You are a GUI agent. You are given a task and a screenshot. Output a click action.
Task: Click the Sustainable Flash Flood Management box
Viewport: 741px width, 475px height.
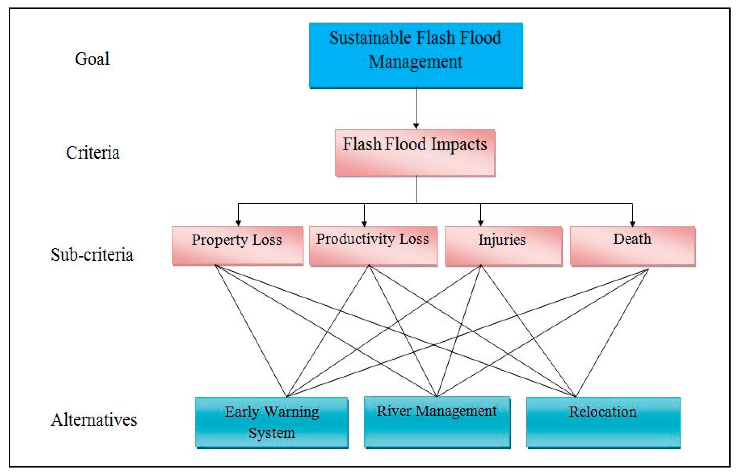pyautogui.click(x=416, y=55)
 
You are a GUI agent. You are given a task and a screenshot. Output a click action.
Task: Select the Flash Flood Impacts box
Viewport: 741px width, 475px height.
pyautogui.click(x=415, y=153)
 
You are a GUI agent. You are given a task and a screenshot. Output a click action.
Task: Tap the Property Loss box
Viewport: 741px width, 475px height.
pyautogui.click(x=237, y=246)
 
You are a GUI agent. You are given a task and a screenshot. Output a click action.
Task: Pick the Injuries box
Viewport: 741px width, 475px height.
pyautogui.click(x=503, y=246)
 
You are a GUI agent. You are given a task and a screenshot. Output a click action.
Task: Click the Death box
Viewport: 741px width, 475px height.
pyautogui.click(x=632, y=246)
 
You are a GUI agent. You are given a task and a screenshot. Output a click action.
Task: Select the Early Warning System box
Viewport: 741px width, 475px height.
pyautogui.click(x=272, y=423)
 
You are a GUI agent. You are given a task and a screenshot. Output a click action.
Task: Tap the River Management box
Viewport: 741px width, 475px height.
pyautogui.click(x=437, y=422)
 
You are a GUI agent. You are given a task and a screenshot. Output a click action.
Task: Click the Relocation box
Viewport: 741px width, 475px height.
pyautogui.click(x=603, y=423)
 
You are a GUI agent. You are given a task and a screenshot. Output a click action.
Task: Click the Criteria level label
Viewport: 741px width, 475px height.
pyautogui.click(x=93, y=153)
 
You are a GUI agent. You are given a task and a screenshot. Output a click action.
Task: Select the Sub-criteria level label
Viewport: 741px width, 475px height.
pyautogui.click(x=92, y=255)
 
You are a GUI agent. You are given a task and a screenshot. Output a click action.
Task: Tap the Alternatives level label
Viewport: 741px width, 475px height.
pyautogui.click(x=94, y=420)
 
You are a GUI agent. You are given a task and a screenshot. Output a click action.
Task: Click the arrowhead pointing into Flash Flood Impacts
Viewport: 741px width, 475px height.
pyautogui.click(x=416, y=126)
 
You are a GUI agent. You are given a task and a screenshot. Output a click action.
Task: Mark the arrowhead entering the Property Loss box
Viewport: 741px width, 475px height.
pyautogui.click(x=238, y=223)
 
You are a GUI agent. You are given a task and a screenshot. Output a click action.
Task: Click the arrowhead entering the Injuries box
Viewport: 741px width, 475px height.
pyautogui.click(x=481, y=223)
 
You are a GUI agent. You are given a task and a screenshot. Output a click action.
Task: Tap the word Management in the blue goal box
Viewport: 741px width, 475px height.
pyautogui.click(x=415, y=61)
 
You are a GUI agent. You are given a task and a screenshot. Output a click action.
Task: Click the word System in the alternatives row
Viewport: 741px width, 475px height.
pyautogui.click(x=272, y=433)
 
